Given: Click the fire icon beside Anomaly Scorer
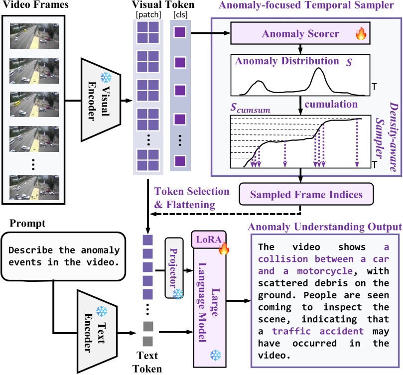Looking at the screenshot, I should pyautogui.click(x=360, y=34).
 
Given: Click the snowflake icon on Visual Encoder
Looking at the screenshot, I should pyautogui.click(x=106, y=78).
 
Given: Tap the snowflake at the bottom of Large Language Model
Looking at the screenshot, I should pyautogui.click(x=216, y=355).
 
